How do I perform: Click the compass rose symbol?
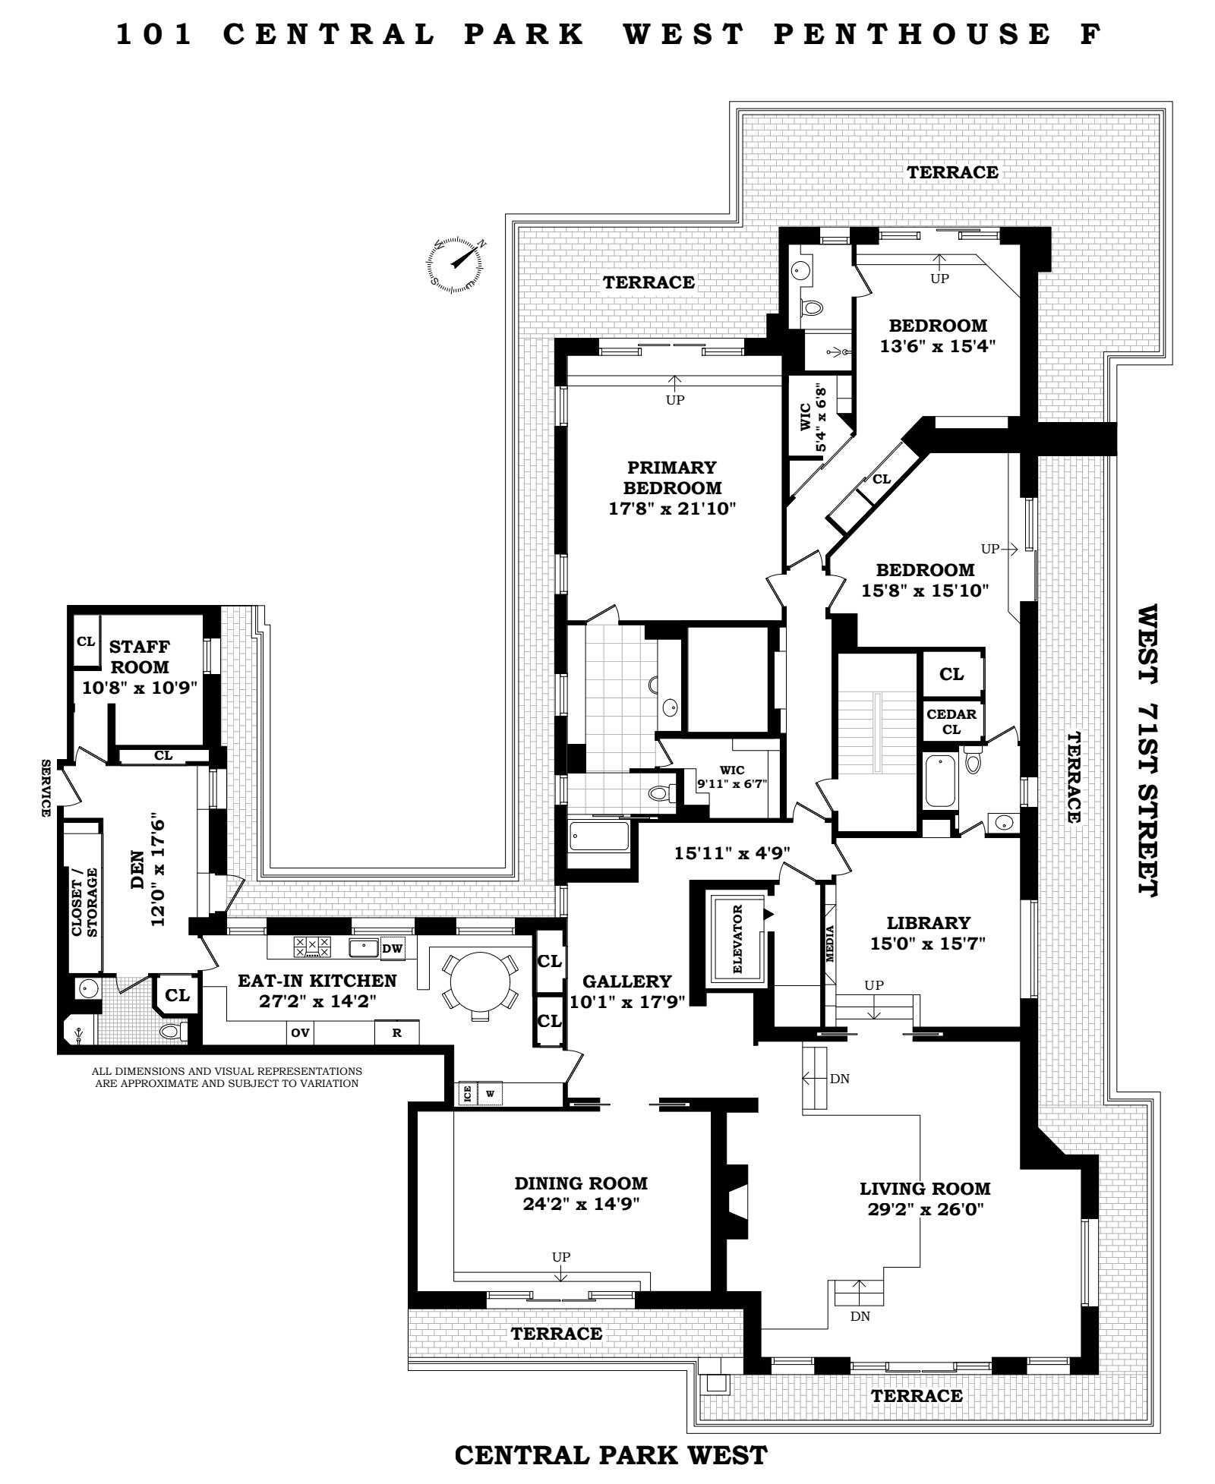[455, 265]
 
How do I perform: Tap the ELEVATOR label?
[737, 939]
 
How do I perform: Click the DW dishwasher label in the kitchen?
[392, 948]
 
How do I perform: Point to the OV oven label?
[300, 1032]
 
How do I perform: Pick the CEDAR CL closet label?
[951, 722]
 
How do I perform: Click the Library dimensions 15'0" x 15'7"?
[928, 944]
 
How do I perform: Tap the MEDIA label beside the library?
[830, 944]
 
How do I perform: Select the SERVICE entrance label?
[46, 789]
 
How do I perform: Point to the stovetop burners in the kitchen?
[312, 947]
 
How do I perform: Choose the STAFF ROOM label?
[140, 657]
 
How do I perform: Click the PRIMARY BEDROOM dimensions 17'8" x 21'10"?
[673, 509]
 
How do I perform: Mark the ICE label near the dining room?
[467, 1093]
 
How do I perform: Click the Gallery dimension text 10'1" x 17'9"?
[627, 1001]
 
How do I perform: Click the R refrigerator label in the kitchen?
[396, 1033]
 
